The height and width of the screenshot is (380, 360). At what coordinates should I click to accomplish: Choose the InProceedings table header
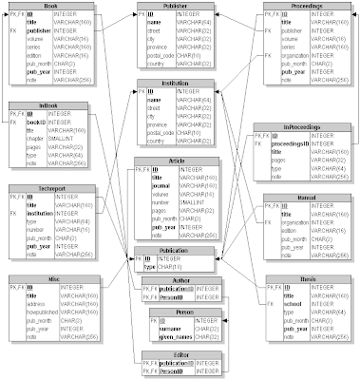302,125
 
